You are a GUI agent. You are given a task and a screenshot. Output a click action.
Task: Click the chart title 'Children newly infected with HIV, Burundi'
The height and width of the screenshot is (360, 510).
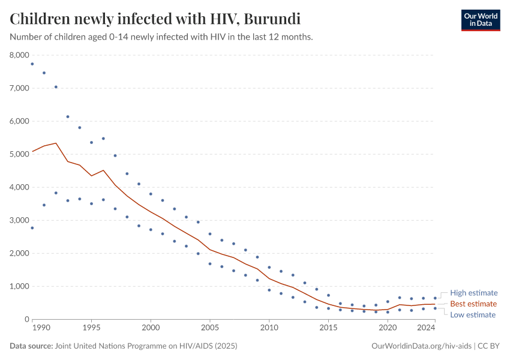point(155,19)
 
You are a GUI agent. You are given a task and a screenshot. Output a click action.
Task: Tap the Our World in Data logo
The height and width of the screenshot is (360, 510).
point(480,20)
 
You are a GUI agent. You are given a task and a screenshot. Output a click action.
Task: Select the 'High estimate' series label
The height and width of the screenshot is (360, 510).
point(474,293)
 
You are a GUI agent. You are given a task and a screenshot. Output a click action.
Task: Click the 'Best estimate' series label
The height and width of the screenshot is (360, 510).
point(473,304)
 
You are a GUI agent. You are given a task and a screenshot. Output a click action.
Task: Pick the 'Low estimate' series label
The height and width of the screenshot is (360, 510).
point(473,314)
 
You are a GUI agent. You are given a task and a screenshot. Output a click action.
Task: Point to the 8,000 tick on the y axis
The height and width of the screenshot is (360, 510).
point(19,55)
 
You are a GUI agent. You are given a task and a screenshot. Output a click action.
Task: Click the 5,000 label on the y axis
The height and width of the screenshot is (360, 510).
point(19,154)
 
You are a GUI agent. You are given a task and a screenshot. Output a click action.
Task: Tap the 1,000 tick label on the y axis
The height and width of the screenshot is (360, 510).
point(19,286)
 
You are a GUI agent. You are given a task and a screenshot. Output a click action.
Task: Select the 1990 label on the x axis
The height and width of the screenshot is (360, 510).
point(41,328)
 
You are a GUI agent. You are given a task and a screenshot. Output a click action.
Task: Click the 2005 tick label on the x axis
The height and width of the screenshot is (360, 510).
point(210,328)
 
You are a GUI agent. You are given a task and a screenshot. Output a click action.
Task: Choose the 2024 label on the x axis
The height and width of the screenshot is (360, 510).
point(425,328)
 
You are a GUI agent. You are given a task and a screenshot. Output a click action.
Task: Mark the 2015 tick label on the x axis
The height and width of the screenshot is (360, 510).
point(328,328)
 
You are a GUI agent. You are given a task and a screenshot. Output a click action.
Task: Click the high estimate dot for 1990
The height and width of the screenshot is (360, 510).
point(32,64)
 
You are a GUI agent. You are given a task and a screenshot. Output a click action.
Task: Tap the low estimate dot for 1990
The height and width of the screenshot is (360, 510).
point(32,228)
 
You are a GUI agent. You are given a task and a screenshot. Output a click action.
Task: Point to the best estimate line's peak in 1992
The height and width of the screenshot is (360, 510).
point(56,143)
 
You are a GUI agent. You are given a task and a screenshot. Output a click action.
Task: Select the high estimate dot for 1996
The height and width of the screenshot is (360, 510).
point(103,139)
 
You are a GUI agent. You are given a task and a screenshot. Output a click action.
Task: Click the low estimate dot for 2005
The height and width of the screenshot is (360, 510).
point(210,263)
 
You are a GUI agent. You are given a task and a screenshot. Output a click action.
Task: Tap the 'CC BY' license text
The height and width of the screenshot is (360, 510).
point(488,346)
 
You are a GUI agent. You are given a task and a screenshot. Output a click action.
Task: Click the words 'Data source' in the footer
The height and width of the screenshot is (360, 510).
point(31,346)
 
